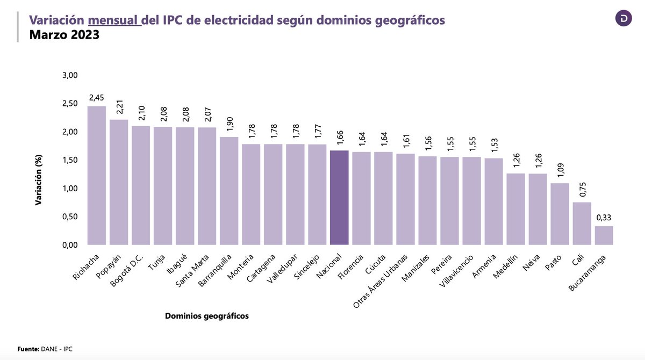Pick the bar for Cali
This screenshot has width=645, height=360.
coord(582,224)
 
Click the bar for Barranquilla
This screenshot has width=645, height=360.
coord(229,191)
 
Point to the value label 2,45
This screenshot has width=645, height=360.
coord(97,98)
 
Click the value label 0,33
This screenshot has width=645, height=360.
coord(604,218)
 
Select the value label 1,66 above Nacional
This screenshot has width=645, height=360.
coord(339,137)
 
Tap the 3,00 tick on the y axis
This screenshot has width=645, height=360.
coord(70,75)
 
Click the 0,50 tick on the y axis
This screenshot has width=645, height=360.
coord(70,217)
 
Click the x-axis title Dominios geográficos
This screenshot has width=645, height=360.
coord(207,316)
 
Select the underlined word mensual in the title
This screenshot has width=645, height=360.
coord(114,20)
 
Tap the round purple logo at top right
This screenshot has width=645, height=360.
coord(623,18)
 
